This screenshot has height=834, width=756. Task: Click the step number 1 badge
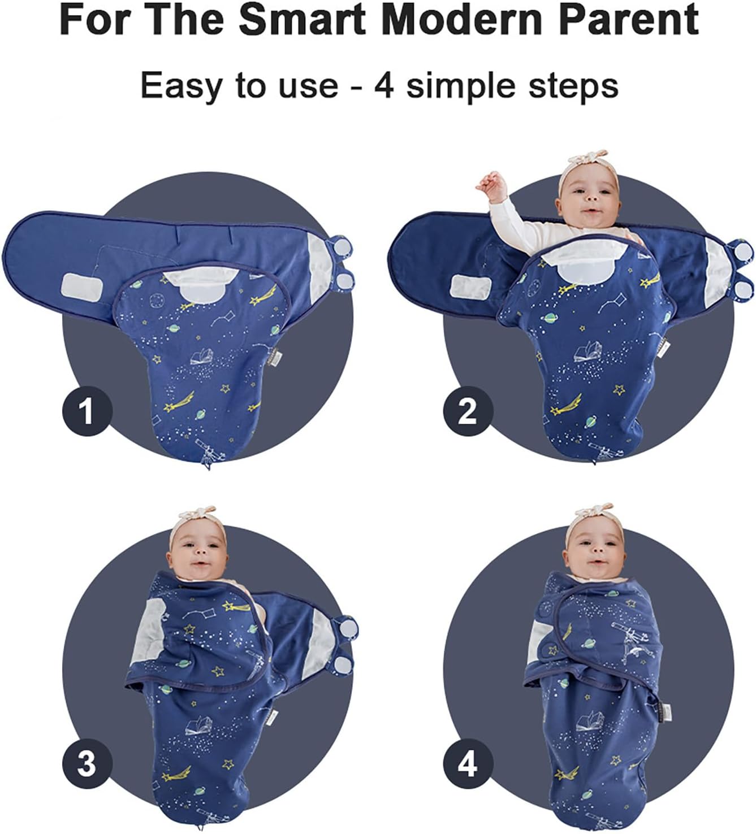(87, 410)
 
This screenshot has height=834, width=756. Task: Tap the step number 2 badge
(468, 410)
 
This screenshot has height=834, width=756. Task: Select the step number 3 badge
(87, 764)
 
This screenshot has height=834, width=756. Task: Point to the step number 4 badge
(468, 764)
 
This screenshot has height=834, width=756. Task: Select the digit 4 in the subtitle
(385, 86)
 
